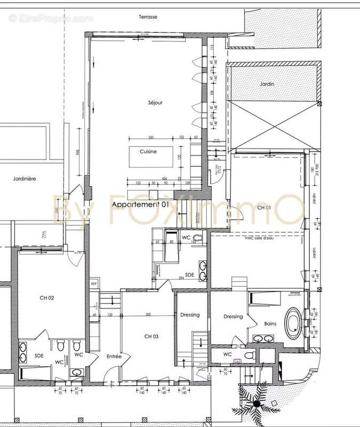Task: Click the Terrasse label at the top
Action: (x=148, y=17)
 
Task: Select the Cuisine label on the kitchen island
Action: (x=148, y=152)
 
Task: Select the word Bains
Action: (x=270, y=323)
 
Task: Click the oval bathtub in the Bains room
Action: (x=294, y=322)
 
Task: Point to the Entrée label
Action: (x=114, y=356)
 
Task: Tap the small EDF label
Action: (x=94, y=283)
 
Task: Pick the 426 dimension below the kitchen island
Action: (x=165, y=178)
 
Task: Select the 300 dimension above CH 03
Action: (x=148, y=315)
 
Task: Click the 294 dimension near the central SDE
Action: (x=181, y=279)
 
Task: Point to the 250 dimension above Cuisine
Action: (x=151, y=137)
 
